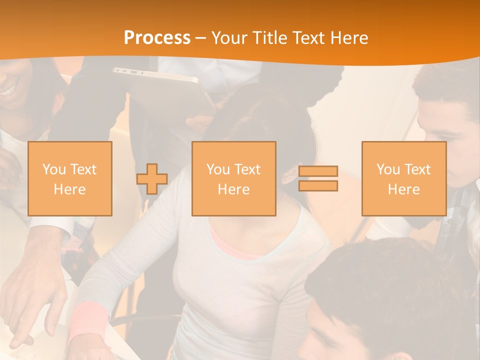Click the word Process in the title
(157, 38)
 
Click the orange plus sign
(152, 179)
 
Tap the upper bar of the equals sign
(318, 171)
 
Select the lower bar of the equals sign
(318, 186)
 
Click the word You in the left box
(54, 169)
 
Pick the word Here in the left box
(69, 189)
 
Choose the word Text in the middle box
(247, 169)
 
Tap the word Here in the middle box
(233, 189)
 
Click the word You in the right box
(388, 169)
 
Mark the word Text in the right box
(417, 169)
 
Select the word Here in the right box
(403, 189)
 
